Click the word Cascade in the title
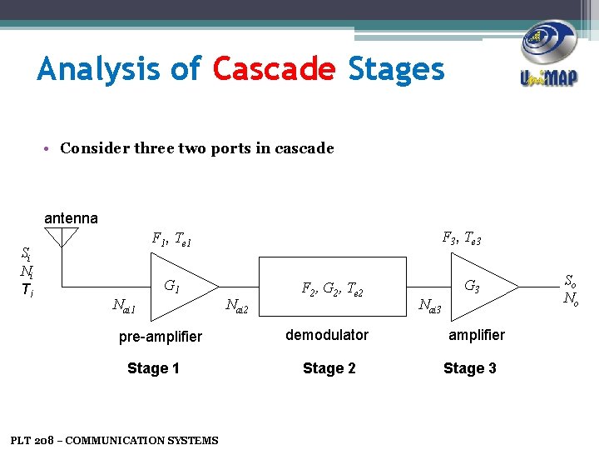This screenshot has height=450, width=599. click(x=274, y=69)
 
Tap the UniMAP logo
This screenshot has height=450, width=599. click(x=549, y=54)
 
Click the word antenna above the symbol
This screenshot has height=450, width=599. click(x=71, y=218)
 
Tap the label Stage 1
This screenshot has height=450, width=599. click(x=153, y=368)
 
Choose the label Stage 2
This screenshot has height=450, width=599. click(x=329, y=368)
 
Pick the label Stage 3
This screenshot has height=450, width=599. click(x=470, y=368)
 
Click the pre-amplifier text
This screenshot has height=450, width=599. click(x=161, y=337)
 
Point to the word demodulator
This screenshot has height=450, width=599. click(x=327, y=335)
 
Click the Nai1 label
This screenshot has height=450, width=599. click(x=123, y=307)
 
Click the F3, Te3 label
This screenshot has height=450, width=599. click(x=462, y=239)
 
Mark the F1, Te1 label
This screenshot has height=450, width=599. click(x=171, y=240)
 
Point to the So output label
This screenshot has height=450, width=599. click(x=571, y=282)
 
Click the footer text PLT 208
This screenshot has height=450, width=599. click(x=114, y=440)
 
